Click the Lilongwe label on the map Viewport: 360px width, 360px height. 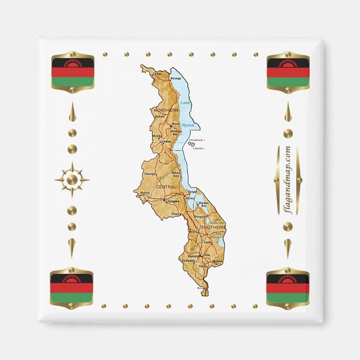[x=173, y=200]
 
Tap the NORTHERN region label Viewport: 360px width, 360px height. [x=165, y=111]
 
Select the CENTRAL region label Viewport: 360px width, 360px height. [x=166, y=186]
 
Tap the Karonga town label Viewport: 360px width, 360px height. [x=176, y=78]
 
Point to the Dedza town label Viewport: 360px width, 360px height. [x=176, y=214]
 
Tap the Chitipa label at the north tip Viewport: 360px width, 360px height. [x=157, y=73]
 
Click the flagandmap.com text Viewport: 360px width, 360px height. [x=287, y=179]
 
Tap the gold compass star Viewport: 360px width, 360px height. [x=72, y=179]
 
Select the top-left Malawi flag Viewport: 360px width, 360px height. [x=72, y=72]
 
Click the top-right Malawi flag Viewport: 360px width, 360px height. [x=287, y=72]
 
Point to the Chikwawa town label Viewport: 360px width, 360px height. [x=187, y=260]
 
